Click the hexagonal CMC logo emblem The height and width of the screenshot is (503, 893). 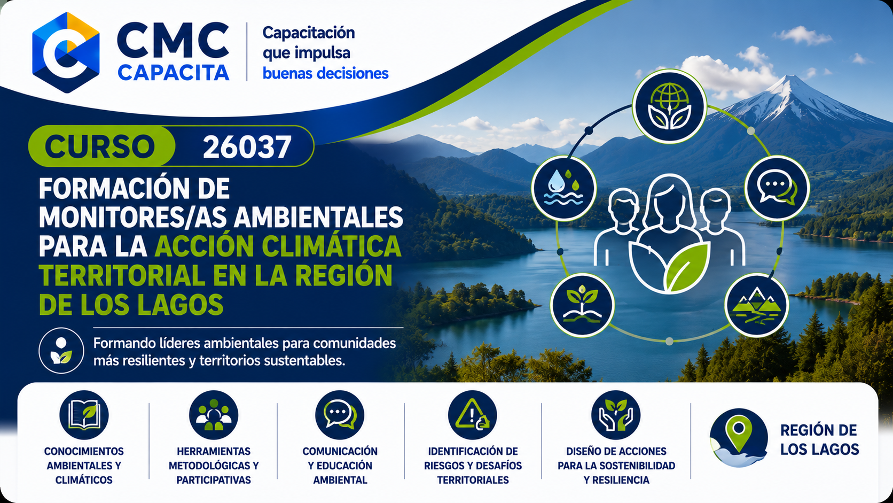[66, 53]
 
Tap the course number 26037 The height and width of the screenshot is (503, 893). [247, 147]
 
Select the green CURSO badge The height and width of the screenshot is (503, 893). [101, 146]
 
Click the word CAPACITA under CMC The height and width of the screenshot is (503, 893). [174, 73]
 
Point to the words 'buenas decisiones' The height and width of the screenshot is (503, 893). [325, 73]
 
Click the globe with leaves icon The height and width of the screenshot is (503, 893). [669, 106]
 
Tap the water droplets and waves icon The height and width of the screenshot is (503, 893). [563, 188]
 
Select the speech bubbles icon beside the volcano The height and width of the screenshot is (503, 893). [777, 188]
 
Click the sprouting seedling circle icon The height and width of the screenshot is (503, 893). [583, 305]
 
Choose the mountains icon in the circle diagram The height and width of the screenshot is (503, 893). [756, 305]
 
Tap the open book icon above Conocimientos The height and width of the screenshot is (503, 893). [84, 415]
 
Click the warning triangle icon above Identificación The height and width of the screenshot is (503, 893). [473, 415]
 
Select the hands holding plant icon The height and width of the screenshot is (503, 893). [616, 415]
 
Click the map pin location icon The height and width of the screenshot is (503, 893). [739, 437]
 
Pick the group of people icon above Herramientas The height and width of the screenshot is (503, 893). [214, 415]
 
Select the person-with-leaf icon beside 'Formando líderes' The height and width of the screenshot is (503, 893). [61, 351]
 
